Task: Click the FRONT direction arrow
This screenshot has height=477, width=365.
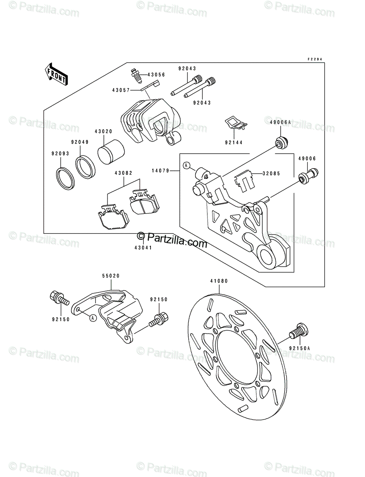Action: pos(57,74)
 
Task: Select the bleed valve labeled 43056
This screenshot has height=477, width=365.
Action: pos(137,76)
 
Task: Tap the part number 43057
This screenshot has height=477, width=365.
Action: pos(121,90)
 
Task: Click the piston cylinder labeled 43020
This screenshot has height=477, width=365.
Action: pos(111,152)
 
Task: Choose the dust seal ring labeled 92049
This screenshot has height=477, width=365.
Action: pos(85,167)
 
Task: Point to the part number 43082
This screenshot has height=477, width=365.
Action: pos(123,173)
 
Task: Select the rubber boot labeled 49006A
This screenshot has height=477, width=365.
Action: pos(282,143)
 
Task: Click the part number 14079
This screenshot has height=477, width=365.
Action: pos(160,171)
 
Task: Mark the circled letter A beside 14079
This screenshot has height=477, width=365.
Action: pos(186,166)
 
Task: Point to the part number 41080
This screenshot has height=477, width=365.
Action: pos(219,281)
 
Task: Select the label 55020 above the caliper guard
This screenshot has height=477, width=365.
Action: pos(111,276)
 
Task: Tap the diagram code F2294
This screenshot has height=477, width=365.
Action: pos(315,59)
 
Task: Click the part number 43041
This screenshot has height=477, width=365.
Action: pos(143,248)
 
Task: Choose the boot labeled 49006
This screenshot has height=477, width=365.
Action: pos(308,175)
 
